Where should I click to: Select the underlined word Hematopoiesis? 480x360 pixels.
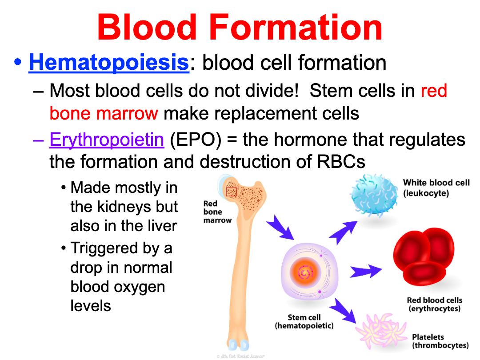109,63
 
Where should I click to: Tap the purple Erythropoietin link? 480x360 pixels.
107,140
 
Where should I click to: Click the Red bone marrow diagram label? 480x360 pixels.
216,212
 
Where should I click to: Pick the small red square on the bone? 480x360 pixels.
231,192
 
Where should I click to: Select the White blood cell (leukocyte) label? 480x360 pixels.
436,188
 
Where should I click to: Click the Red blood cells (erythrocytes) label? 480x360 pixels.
434,304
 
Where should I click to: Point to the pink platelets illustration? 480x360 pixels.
380,331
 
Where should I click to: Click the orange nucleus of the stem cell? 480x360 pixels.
304,271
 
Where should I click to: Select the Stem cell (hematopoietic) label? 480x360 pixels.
304,321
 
